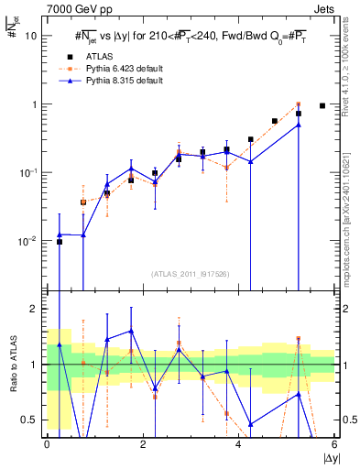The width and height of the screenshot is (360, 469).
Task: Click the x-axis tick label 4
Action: (239, 444)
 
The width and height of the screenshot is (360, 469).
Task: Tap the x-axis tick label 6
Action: (335, 444)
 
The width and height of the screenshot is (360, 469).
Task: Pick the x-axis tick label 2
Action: (143, 444)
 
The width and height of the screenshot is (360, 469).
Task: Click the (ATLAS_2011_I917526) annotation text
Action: (191, 273)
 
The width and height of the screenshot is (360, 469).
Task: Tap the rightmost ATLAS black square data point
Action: (322, 106)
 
